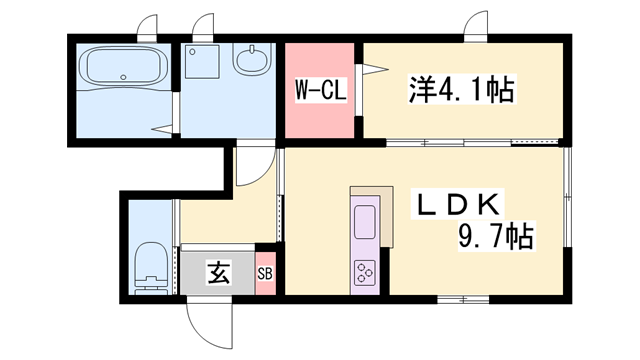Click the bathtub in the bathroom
click(124, 69)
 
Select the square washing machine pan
click(203, 62)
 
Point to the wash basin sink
click(252, 62)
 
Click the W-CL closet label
click(319, 92)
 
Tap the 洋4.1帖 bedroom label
click(461, 92)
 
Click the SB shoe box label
click(265, 273)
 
